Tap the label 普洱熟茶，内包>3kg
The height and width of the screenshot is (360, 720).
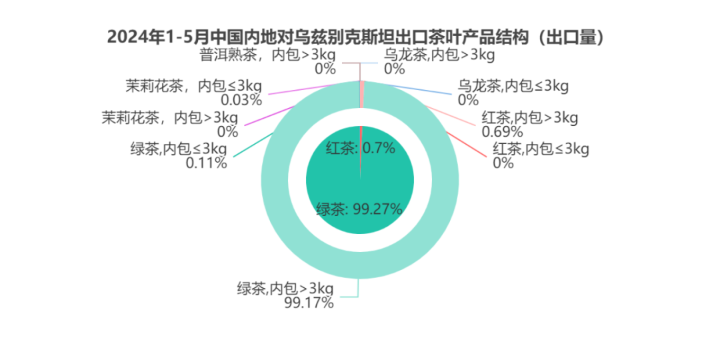point(268,55)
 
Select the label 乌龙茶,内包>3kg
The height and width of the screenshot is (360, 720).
point(439,55)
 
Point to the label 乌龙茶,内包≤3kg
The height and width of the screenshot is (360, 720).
point(513,86)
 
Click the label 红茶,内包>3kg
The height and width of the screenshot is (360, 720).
point(529,118)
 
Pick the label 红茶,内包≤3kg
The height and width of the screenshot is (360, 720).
point(541,149)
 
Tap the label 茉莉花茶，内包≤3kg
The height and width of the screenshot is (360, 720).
point(193,86)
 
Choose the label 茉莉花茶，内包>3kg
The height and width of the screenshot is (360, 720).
point(170,118)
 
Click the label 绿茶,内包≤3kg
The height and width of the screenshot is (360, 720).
point(179,149)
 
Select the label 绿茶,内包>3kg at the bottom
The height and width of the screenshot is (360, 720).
point(285,289)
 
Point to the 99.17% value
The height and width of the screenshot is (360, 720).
point(309,303)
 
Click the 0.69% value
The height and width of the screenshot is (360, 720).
point(503,132)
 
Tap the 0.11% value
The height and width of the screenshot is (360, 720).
point(206,163)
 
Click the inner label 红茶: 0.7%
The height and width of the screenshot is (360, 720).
point(361,148)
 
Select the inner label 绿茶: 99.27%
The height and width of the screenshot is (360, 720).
point(359,210)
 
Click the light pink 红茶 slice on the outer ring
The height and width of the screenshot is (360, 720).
point(362,94)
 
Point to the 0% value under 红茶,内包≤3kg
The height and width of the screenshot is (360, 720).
point(503,163)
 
